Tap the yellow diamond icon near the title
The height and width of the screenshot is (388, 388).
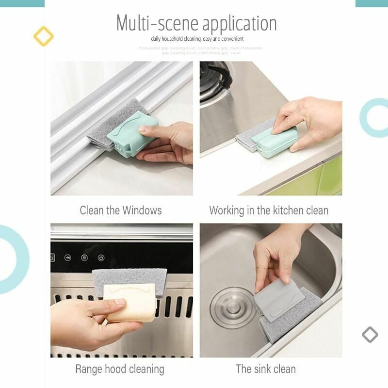(43, 36)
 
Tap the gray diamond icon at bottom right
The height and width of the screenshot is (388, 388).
(370, 334)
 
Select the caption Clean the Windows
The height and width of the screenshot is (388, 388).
(121, 210)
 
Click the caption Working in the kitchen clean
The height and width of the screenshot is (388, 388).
(269, 210)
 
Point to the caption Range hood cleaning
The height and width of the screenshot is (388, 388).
(120, 369)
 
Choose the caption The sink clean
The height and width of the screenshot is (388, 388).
(265, 369)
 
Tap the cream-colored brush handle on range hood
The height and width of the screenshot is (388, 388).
(129, 302)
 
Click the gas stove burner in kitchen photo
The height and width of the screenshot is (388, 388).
(213, 80)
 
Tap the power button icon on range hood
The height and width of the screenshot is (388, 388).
(101, 258)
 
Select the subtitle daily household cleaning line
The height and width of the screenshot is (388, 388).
(197, 39)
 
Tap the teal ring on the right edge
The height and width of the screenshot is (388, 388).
(374, 117)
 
